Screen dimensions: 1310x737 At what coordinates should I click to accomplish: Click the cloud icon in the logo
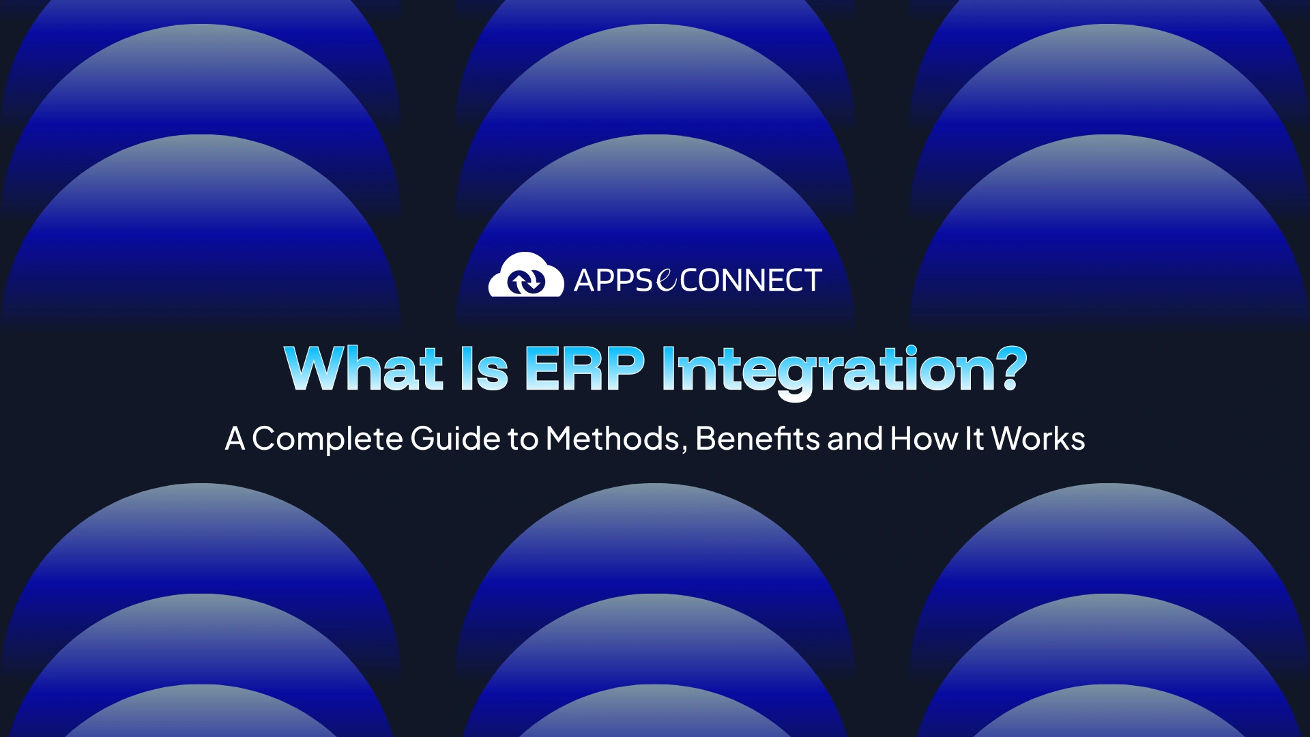tap(526, 274)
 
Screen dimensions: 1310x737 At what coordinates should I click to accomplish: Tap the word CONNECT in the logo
tap(751, 280)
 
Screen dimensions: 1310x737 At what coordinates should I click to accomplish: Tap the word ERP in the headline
tap(584, 369)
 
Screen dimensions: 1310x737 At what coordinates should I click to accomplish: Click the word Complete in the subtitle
tap(327, 439)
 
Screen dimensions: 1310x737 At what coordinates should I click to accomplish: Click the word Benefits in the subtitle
tap(757, 438)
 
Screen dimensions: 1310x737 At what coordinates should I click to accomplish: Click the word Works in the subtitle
tap(1038, 438)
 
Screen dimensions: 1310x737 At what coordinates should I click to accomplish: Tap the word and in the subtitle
tap(855, 438)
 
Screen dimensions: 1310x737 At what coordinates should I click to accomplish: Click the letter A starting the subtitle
tap(235, 438)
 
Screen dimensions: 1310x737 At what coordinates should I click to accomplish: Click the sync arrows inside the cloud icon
tap(526, 281)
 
